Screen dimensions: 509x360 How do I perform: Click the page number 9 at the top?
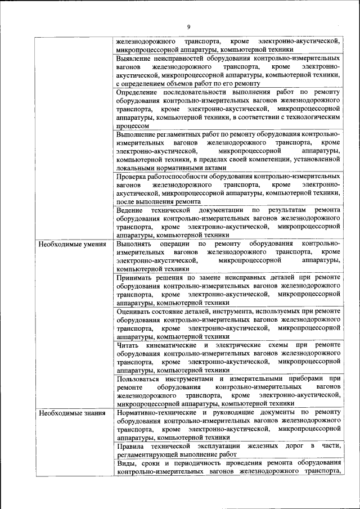(x=189, y=26)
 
